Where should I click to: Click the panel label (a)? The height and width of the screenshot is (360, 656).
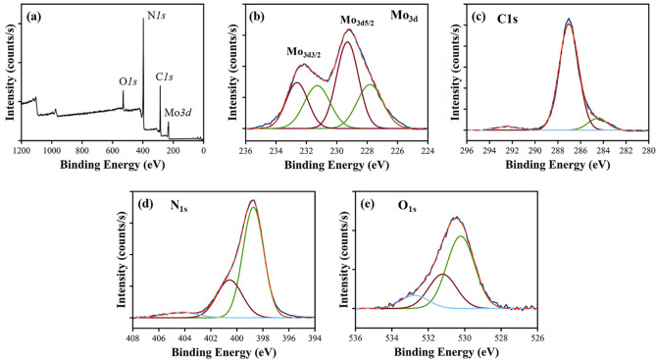33,15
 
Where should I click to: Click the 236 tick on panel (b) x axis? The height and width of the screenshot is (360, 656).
246,150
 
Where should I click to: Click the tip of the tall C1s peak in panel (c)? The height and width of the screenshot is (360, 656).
569,19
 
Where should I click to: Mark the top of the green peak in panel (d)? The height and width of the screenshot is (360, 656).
253,207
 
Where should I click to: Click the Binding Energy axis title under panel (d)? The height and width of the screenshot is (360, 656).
224,352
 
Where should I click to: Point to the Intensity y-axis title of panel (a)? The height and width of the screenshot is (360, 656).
9,76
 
